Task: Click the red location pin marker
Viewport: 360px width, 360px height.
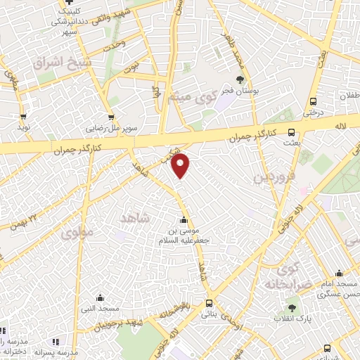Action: pos(181,165)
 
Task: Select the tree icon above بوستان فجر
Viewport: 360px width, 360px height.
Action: pos(240,79)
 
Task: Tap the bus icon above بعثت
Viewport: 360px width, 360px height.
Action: pos(291,132)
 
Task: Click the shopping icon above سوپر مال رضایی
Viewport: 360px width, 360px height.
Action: pos(111,117)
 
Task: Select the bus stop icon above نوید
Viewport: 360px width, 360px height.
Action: pos(24,117)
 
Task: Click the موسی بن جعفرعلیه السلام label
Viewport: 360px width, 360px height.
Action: pos(185,235)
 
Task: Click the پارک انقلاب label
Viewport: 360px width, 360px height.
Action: pos(292,320)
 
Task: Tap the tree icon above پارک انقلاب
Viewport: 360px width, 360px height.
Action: pos(291,307)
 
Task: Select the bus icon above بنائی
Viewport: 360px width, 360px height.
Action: pos(208,304)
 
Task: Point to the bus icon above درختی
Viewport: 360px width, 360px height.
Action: pos(313,100)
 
